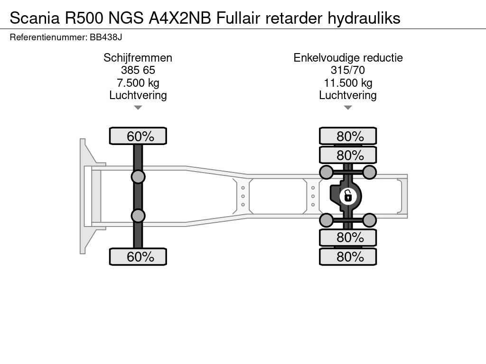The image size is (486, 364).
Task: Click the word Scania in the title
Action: (x=35, y=18)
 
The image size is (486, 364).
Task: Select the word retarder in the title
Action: (x=294, y=18)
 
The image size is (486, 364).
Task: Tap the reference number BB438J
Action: (x=106, y=37)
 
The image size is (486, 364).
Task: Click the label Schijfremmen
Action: (x=138, y=58)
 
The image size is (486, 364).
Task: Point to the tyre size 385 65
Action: (x=138, y=70)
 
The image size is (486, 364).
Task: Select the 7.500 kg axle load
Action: (x=138, y=83)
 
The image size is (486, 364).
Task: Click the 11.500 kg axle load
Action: (x=348, y=83)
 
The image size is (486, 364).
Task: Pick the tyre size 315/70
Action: (x=348, y=70)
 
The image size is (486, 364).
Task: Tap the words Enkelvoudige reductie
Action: (x=348, y=58)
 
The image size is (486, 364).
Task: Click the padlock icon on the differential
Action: (x=348, y=197)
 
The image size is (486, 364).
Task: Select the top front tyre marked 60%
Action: (x=138, y=136)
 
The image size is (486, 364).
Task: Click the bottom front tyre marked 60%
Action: (x=138, y=256)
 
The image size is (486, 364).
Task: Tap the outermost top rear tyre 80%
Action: (x=348, y=136)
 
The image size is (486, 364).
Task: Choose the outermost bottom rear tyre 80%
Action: (x=348, y=256)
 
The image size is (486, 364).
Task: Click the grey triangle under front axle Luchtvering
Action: (x=138, y=108)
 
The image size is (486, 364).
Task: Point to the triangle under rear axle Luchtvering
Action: (x=348, y=108)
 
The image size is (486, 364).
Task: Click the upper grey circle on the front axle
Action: (x=138, y=177)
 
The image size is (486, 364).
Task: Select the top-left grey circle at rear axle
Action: (x=327, y=172)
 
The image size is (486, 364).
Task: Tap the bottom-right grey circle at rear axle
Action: (x=369, y=220)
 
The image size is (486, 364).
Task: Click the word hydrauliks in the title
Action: (x=364, y=18)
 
